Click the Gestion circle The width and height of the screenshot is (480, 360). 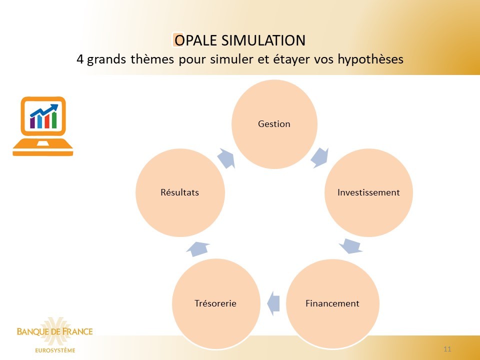(274, 124)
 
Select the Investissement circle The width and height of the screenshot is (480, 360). (368, 192)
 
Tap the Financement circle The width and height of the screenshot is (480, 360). (333, 303)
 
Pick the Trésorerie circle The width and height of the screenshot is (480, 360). (216, 303)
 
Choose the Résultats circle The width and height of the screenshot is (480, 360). (180, 192)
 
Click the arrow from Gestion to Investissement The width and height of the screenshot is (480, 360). (320, 157)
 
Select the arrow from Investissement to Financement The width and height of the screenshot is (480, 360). (351, 246)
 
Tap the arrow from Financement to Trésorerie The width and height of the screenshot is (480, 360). (273, 303)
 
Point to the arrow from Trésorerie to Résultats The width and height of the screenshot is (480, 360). (198, 248)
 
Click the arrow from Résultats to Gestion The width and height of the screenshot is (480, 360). (226, 158)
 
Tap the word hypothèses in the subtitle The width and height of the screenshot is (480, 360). (370, 59)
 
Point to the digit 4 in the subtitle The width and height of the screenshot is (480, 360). (80, 59)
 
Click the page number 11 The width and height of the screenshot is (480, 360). (447, 349)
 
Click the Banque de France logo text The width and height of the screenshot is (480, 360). (54, 331)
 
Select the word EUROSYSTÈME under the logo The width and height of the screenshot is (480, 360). (55, 350)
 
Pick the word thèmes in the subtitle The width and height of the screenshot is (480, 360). (153, 59)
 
